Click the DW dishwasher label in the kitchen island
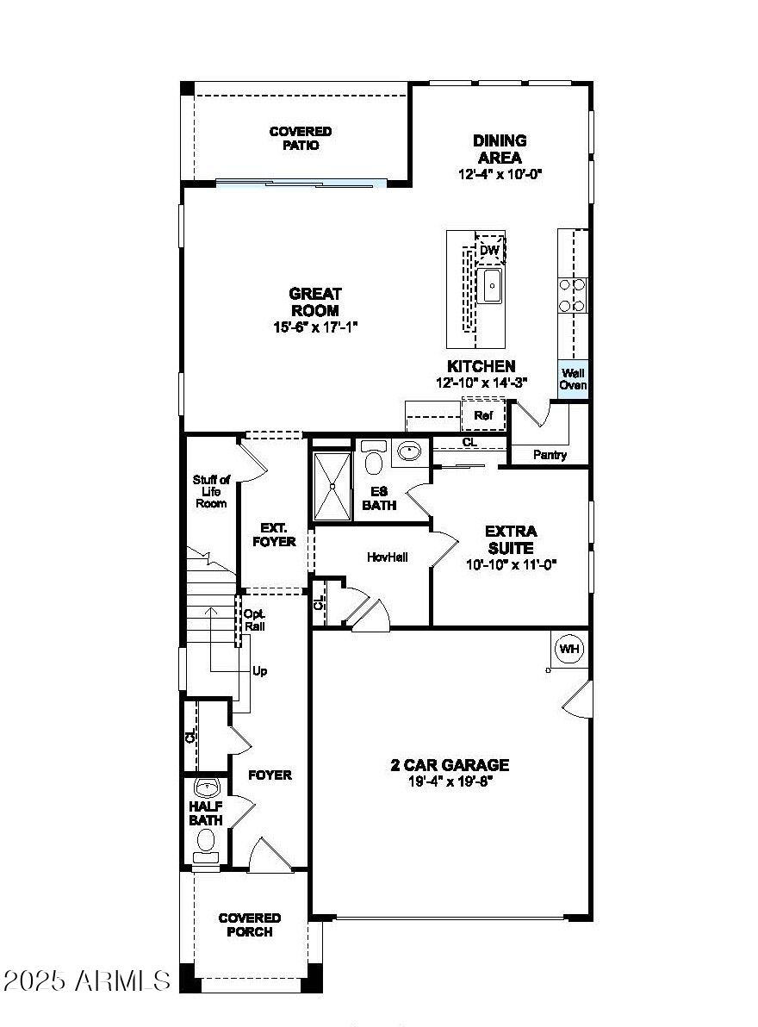click(489, 251)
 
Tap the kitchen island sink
click(491, 285)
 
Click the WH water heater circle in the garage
click(569, 649)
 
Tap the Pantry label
click(550, 455)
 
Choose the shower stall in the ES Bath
click(332, 487)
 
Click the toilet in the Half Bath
click(206, 839)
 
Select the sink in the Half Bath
click(207, 787)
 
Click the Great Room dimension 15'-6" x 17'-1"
click(314, 327)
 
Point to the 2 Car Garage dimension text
click(450, 781)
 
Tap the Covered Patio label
click(300, 139)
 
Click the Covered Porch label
click(250, 925)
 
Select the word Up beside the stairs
click(260, 670)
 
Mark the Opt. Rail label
click(254, 620)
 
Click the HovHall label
click(387, 557)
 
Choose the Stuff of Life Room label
click(211, 491)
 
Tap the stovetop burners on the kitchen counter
click(573, 294)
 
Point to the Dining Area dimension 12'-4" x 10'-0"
click(499, 174)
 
